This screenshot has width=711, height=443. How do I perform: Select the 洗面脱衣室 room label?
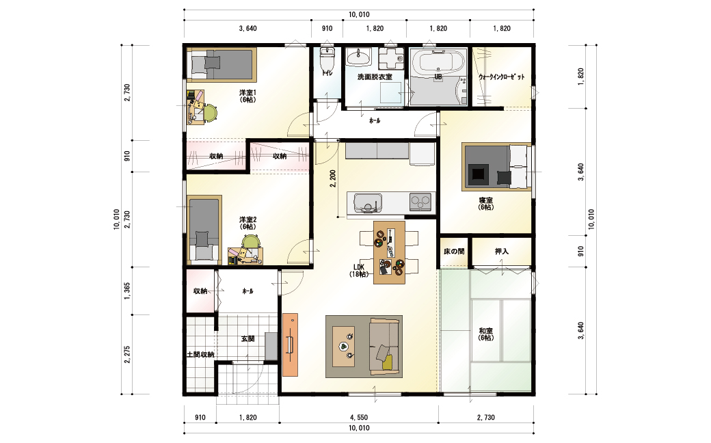pos(375,77)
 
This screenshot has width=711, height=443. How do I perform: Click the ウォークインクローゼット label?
pos(502,77)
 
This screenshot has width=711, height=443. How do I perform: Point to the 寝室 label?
pos(485,200)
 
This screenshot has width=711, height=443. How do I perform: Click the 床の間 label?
pos(454,251)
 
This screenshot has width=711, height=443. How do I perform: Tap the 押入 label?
pos(502,251)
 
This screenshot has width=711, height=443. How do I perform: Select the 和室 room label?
pos(485,331)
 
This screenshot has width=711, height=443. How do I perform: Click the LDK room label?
pos(359,267)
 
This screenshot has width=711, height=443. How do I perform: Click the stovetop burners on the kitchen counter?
pos(420,202)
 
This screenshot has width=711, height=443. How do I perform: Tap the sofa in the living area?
pos(385,347)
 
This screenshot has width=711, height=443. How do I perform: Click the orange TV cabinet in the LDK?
pos(290,345)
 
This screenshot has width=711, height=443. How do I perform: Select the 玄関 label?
pos(247,338)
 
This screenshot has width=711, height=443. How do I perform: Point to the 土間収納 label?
pos(200,354)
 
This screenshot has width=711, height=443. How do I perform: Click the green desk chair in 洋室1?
pos(211,112)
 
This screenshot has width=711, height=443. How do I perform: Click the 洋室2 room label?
pos(247,219)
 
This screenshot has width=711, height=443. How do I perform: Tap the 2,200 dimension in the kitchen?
pos(333,178)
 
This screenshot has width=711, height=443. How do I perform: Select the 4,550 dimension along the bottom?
pos(359,417)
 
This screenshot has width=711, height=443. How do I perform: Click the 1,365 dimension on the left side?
pos(127,291)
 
